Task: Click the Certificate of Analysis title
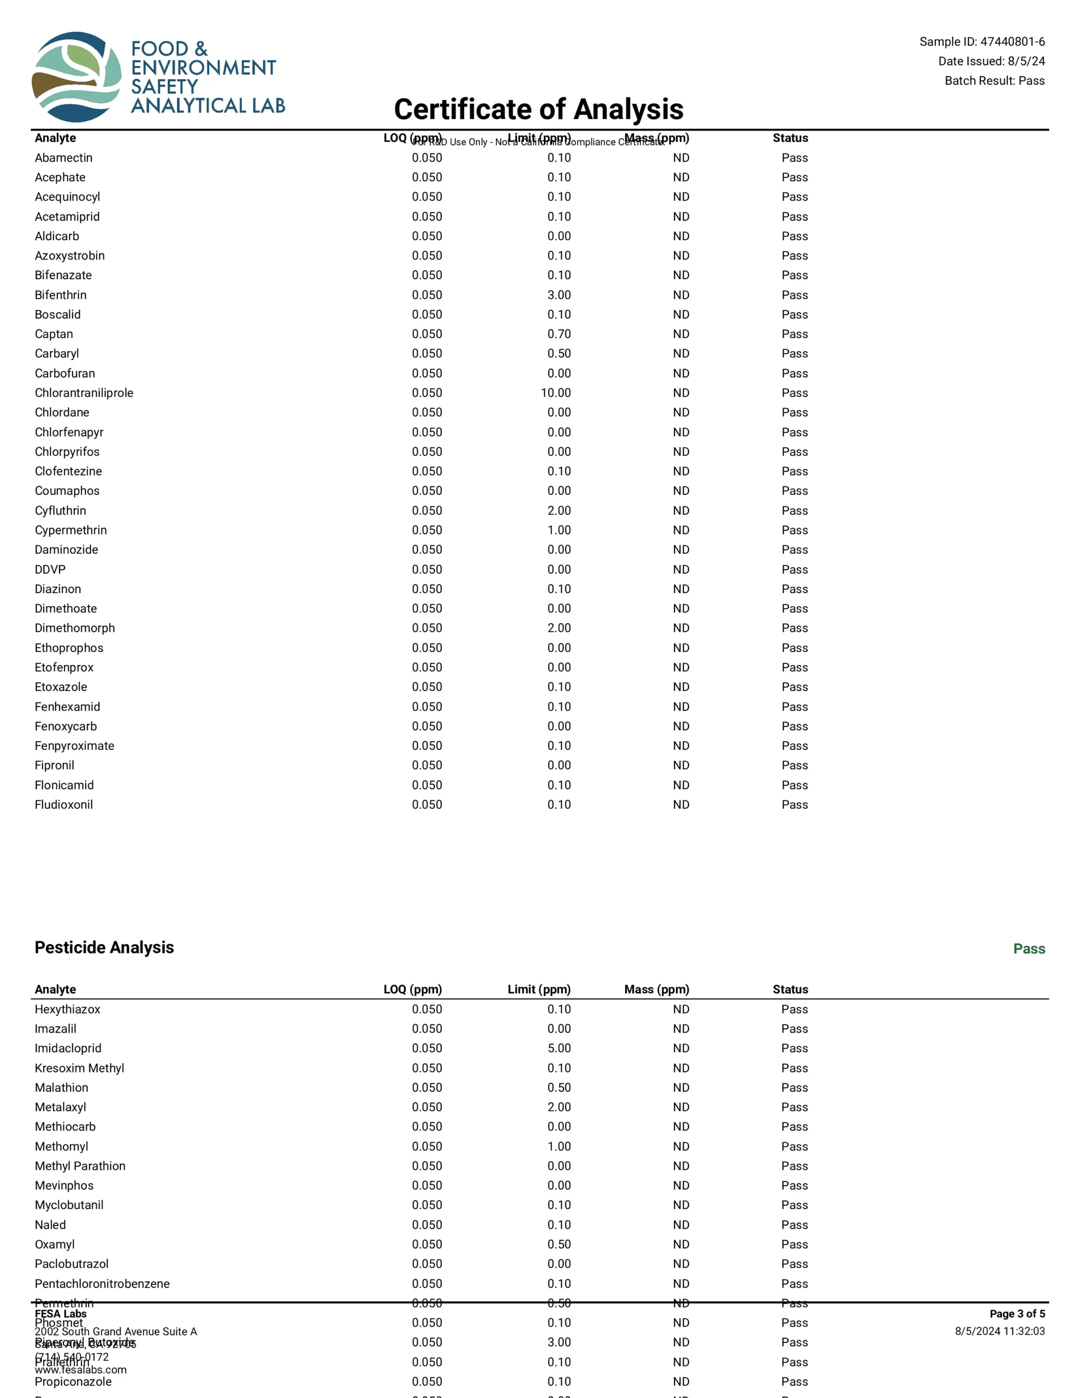(538, 109)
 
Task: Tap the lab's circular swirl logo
(76, 77)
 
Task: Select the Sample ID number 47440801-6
(1012, 42)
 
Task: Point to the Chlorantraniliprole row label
(84, 393)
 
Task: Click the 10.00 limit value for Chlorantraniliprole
(556, 393)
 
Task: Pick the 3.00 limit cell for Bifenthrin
(559, 295)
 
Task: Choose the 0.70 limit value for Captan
(559, 334)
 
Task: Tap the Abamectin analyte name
(63, 158)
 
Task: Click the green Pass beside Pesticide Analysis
(1029, 949)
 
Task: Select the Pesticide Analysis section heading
(104, 947)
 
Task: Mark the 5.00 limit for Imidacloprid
(559, 1048)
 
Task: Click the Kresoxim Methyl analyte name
(79, 1068)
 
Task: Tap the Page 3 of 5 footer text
(1017, 1314)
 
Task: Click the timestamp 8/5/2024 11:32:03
(999, 1331)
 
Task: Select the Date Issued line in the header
(991, 62)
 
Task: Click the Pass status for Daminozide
(794, 550)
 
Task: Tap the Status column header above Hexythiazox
(790, 990)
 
